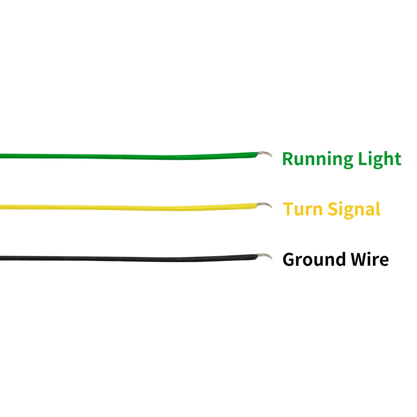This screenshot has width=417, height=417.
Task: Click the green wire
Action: [130, 156]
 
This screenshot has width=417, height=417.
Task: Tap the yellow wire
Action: [130, 208]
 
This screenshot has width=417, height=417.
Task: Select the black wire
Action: [130, 259]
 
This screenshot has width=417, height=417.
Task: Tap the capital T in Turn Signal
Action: [289, 209]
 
